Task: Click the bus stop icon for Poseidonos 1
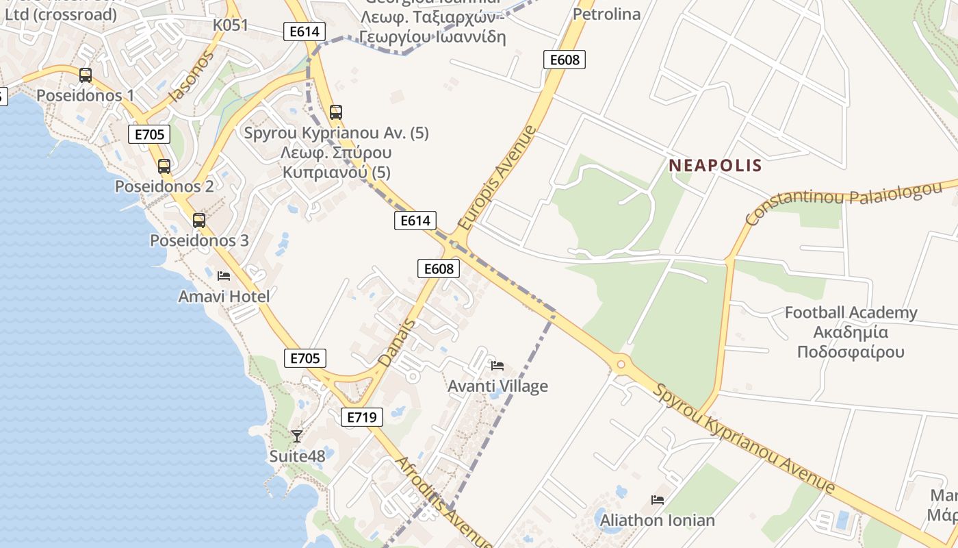86,75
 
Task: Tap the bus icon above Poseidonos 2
164,166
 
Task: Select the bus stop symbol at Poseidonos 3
199,221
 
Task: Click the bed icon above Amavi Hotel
224,276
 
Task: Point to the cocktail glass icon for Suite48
297,436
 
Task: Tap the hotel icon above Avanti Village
497,366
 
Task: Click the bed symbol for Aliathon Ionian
658,500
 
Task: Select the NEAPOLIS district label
715,165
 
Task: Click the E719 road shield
362,416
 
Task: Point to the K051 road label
230,25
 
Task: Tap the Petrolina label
606,14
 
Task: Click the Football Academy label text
851,313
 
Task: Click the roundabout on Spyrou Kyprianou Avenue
621,364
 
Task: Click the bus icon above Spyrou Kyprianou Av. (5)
336,112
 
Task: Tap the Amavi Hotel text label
224,297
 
